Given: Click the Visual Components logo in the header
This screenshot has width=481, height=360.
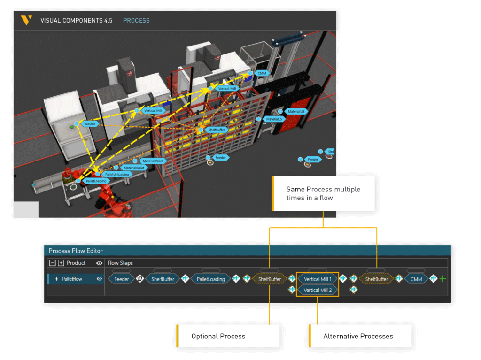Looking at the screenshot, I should [26, 20].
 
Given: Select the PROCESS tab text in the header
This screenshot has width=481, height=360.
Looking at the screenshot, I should [136, 21].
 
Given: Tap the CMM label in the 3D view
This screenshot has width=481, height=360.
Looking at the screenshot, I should [262, 73].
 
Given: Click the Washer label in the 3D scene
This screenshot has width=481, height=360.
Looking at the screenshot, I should [90, 124].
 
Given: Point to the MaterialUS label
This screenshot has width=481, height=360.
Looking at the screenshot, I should [296, 112].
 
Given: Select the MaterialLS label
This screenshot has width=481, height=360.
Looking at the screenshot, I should [274, 119].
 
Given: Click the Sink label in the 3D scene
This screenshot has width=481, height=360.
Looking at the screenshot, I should [330, 152].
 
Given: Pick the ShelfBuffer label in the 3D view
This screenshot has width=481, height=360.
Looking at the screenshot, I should [216, 130].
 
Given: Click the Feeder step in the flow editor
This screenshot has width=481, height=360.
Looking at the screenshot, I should [122, 279].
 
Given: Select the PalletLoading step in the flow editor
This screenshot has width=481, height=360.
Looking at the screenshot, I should [210, 279].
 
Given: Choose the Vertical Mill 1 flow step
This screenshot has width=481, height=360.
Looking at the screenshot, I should [318, 279].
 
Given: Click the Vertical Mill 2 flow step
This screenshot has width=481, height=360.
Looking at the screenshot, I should [318, 291].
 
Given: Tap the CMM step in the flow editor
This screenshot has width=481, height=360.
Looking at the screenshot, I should [416, 279].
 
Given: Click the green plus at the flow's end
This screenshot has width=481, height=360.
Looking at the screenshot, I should [442, 279].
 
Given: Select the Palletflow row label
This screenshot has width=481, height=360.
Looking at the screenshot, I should [72, 279].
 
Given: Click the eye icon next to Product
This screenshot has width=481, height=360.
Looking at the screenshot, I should [99, 263].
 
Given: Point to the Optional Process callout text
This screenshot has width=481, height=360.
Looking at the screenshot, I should [218, 336].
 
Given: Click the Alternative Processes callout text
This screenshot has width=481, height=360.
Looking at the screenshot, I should [358, 336].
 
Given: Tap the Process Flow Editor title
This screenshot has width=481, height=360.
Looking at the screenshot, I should [76, 251].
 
